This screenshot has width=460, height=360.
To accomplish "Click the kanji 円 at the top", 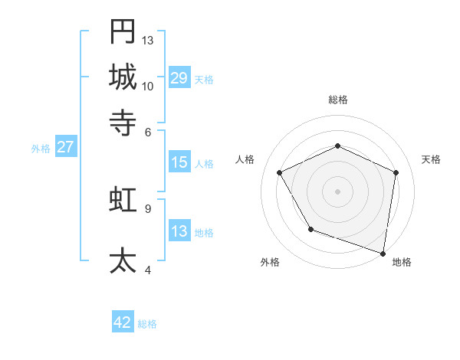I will coord(123,31).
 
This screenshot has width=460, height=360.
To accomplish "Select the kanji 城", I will coord(123,77).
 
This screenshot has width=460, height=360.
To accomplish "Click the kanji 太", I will coord(123,260).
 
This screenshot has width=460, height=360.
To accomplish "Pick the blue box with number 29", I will coord(179,77).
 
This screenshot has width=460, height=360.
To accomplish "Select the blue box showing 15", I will coord(179,162).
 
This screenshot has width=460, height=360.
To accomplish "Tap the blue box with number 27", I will coord(65,147).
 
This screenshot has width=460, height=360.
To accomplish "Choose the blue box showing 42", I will coord(123,322).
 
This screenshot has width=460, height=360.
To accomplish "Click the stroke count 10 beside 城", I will coord(148,86).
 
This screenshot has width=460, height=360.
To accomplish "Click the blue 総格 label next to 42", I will coord(147,324).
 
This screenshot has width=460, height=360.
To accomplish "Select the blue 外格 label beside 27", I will coord(41,149).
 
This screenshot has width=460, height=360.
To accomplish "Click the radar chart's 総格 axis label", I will coord(337,100).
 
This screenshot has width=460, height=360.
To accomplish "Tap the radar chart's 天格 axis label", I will coord(431,159).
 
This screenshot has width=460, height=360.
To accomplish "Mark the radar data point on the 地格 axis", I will coord(383,253).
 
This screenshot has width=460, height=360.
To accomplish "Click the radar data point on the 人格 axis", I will coord(280,173).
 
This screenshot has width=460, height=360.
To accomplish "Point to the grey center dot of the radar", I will coord(337,191).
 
